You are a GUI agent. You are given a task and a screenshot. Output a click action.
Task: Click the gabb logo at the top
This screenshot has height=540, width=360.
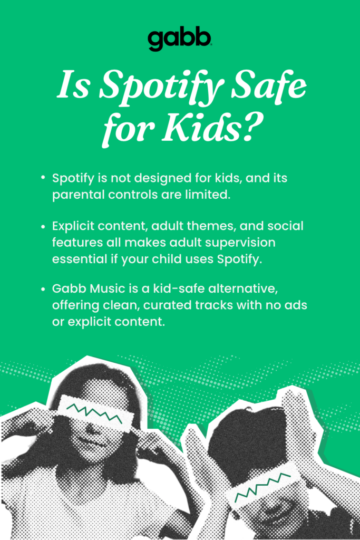click(x=180, y=40)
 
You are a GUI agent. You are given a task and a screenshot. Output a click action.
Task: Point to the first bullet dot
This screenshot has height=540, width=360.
click(x=43, y=178)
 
